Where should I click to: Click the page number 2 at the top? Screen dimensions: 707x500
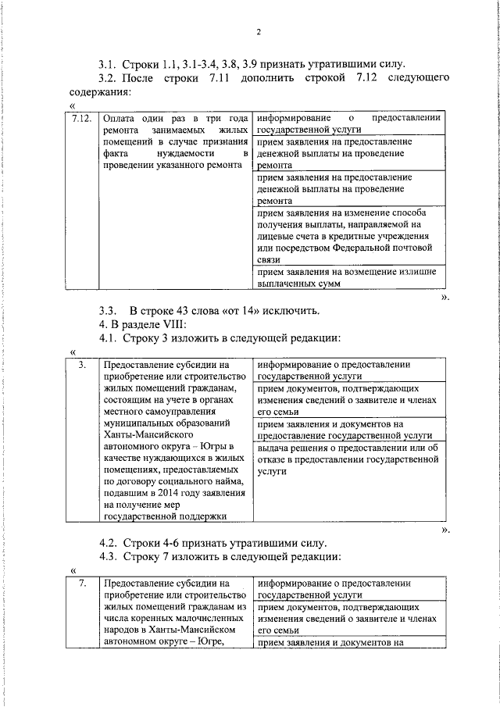[257, 31]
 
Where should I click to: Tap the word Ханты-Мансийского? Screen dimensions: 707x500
[147, 435]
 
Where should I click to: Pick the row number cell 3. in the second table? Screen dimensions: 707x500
[82, 364]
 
